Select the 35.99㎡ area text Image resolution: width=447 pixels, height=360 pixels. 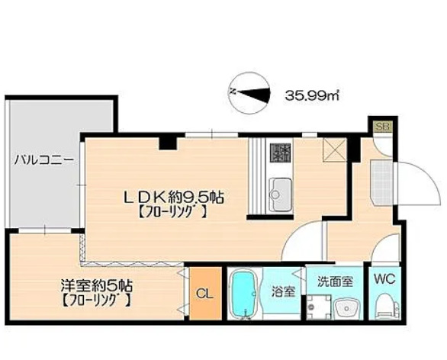click(312, 95)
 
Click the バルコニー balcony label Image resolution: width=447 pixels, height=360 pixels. click(44, 161)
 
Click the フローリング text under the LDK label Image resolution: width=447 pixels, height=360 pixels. click(173, 214)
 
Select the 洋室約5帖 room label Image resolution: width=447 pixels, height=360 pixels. click(97, 286)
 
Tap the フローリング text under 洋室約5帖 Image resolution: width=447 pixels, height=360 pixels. click(96, 301)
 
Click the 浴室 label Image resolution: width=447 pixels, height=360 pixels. click(282, 290)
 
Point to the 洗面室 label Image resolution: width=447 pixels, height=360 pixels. click(335, 280)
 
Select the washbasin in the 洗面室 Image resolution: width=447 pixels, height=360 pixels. click(344, 308)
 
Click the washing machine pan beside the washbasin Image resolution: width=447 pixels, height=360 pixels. click(314, 308)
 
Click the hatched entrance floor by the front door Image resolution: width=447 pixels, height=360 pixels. click(375, 176)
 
